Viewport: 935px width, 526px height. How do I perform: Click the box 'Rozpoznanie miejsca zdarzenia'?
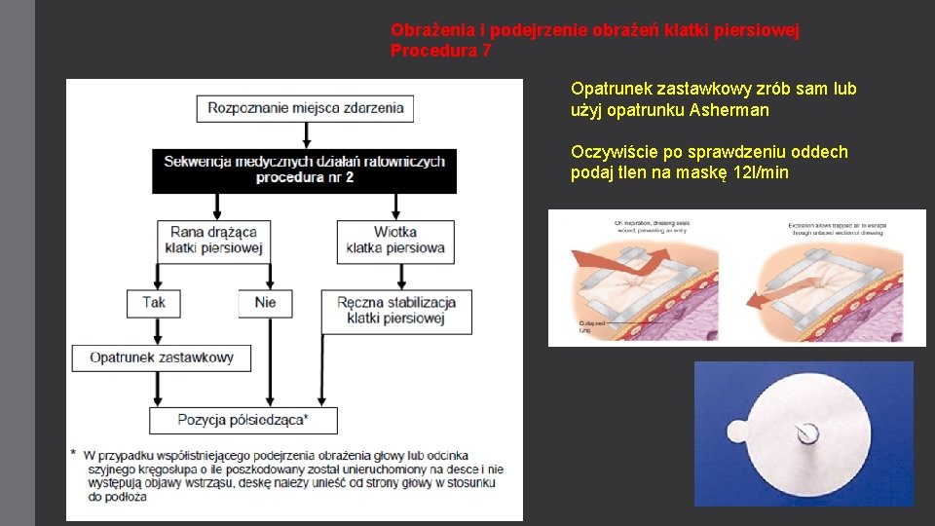click(305, 107)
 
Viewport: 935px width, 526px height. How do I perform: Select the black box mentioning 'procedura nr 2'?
click(305, 169)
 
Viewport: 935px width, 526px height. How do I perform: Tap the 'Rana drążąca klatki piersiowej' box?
click(213, 240)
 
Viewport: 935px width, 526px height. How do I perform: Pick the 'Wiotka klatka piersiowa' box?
click(394, 240)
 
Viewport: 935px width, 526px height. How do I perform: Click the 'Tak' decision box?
click(154, 302)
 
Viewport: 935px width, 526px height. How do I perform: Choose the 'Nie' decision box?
click(265, 302)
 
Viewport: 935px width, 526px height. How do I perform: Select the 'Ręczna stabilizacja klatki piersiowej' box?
click(396, 310)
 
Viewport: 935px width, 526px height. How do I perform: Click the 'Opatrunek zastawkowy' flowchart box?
click(161, 357)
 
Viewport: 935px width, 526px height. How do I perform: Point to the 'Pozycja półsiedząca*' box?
click(243, 420)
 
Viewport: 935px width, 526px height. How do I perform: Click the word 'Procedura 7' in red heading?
click(440, 51)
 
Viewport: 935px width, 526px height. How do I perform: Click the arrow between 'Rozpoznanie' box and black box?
click(305, 134)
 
